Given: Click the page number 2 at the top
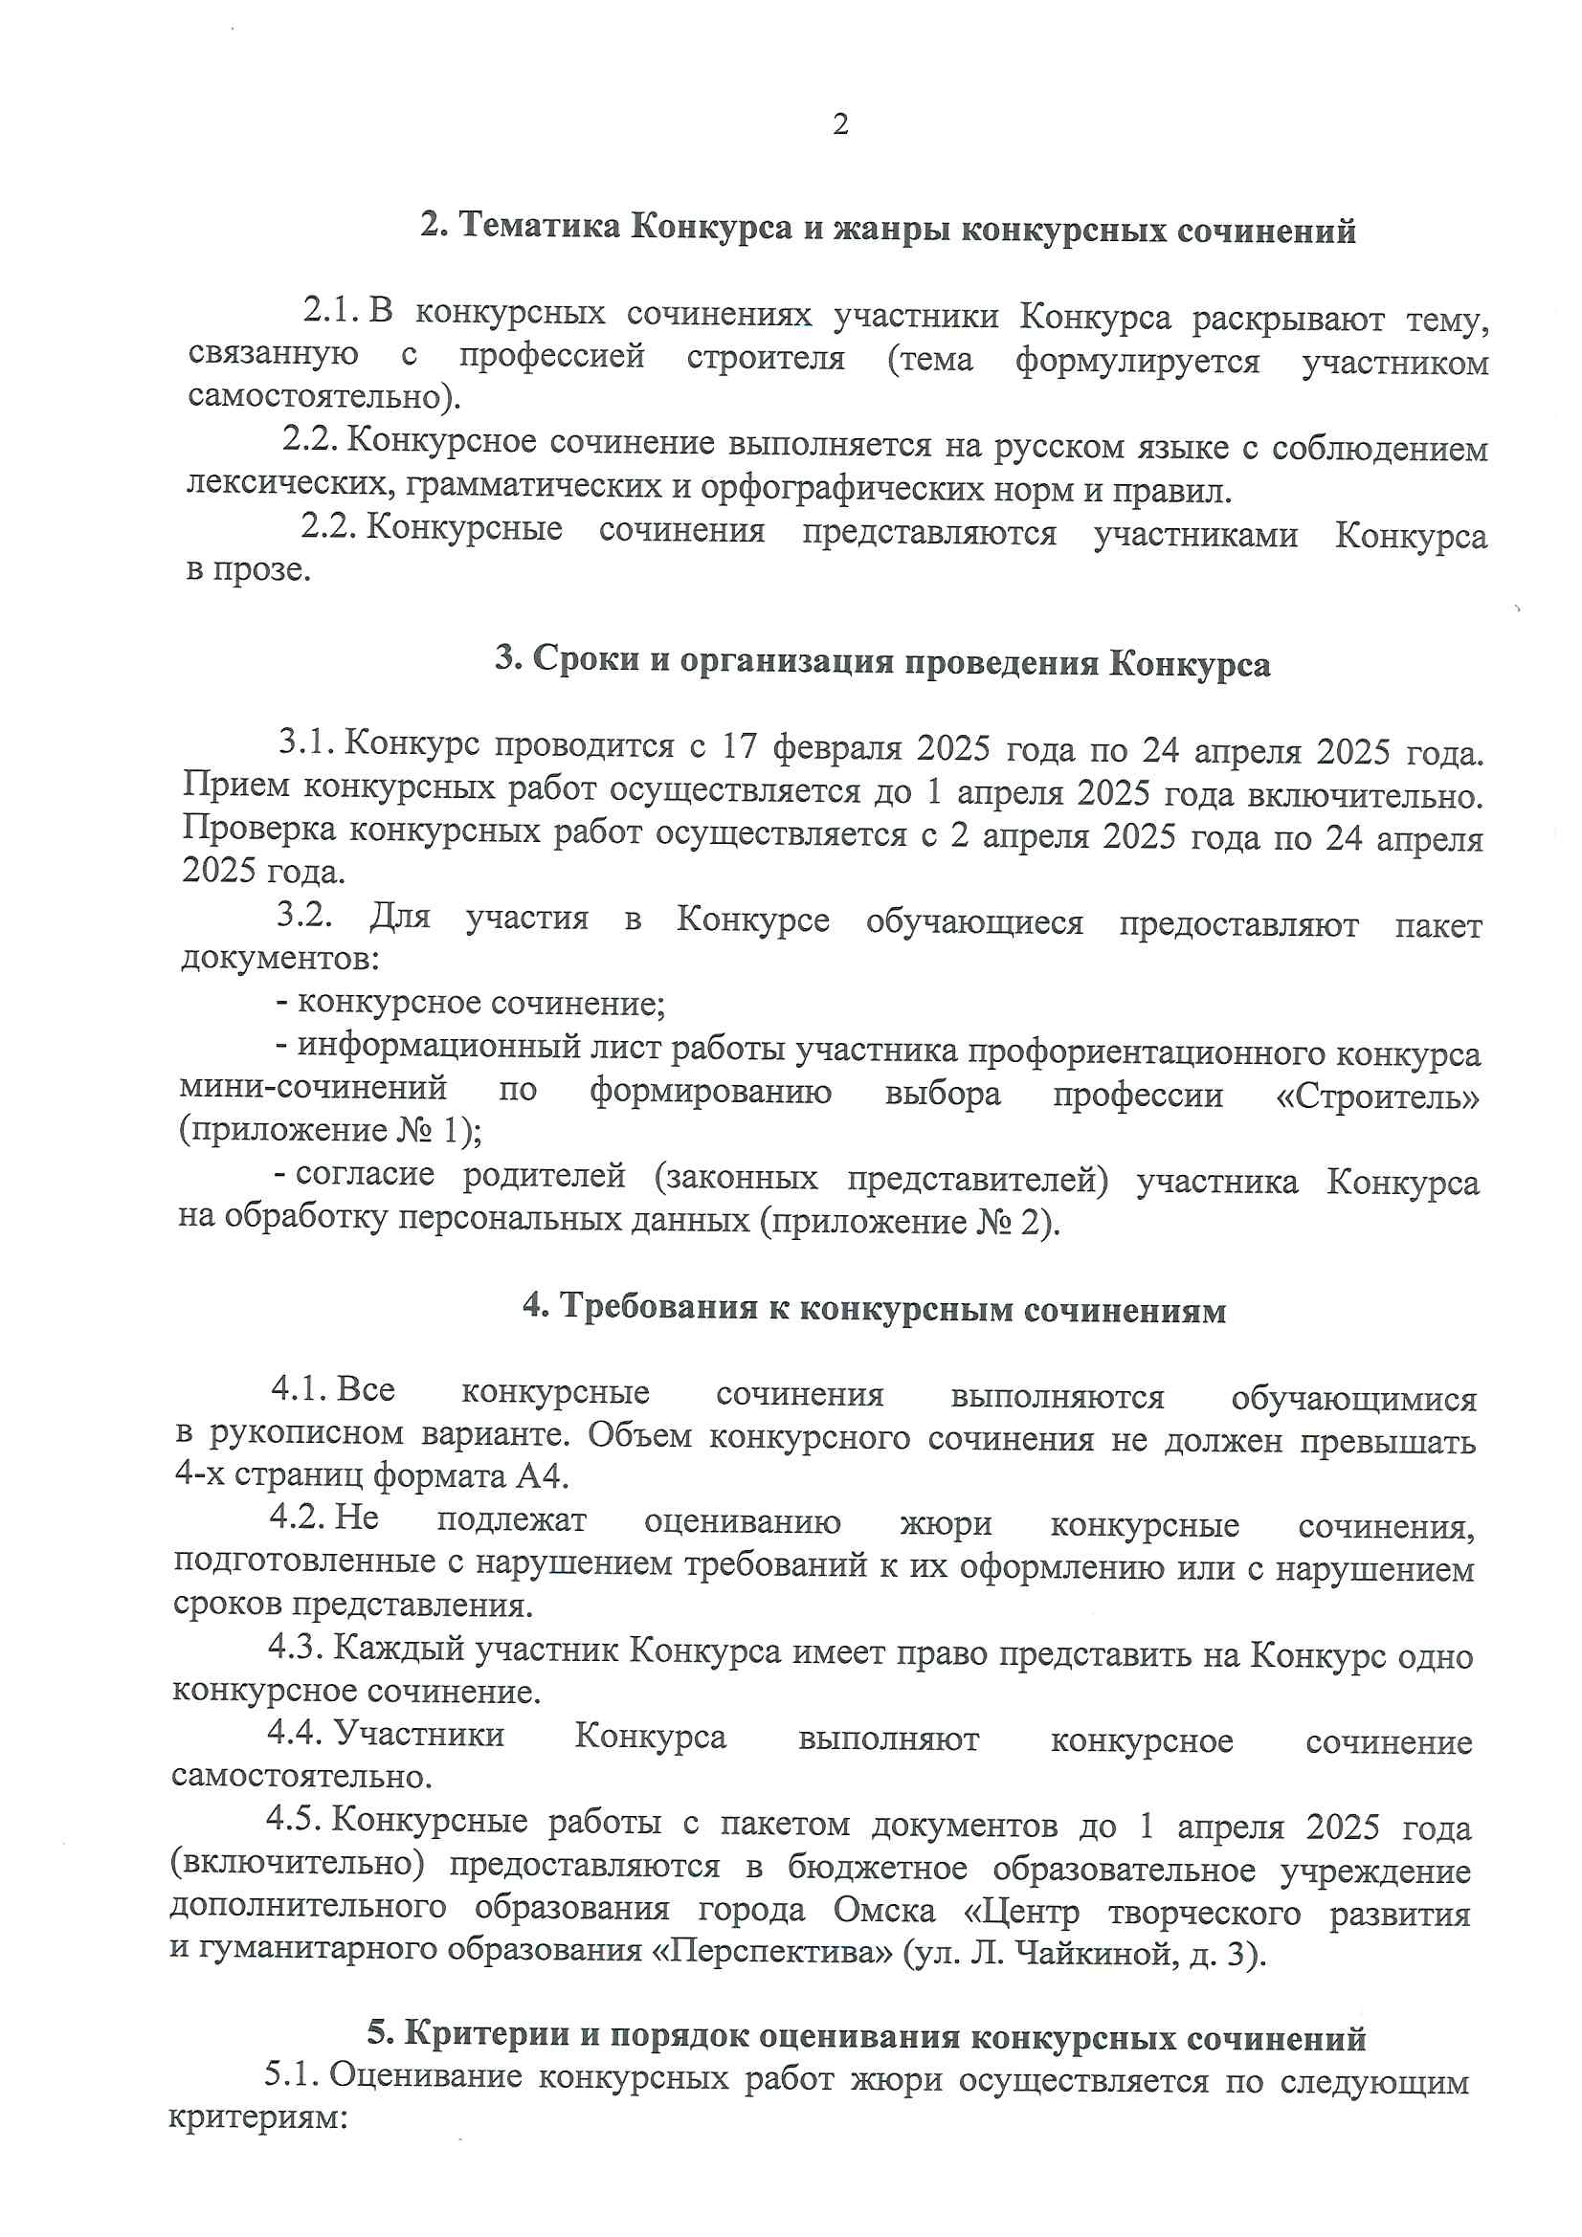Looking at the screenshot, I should pyautogui.click(x=840, y=124).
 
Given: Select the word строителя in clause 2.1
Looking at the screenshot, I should pyautogui.click(x=766, y=358).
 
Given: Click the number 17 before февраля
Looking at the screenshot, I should pyautogui.click(x=739, y=746).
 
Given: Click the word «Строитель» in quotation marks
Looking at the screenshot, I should pyautogui.click(x=1377, y=1097).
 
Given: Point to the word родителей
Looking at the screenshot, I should pyautogui.click(x=544, y=1176).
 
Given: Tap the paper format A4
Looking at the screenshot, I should pyautogui.click(x=541, y=1476).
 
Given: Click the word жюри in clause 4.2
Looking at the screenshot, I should pyautogui.click(x=946, y=1522).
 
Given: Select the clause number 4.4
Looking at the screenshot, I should pyautogui.click(x=296, y=1733).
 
